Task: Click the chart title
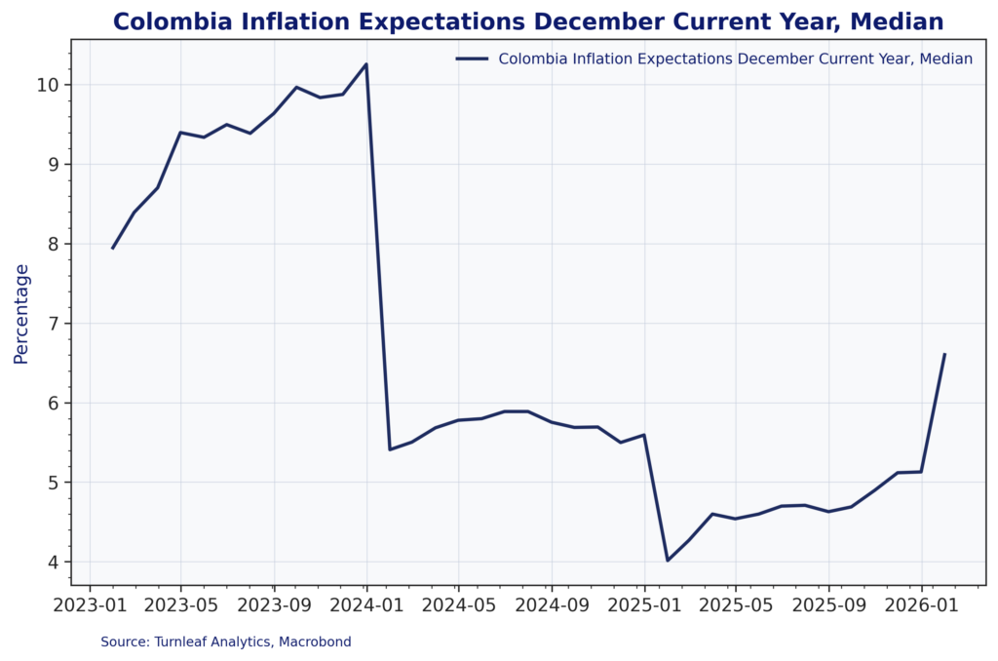527,20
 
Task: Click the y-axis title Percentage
21,313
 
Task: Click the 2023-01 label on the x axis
89,603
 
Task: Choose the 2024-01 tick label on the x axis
366,603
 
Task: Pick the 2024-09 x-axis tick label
552,603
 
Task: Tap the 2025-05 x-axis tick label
736,603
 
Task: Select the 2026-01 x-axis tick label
922,603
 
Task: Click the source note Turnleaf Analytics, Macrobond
226,642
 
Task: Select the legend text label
735,58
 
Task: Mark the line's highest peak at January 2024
365,64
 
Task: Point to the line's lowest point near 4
668,561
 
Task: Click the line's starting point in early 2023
112,249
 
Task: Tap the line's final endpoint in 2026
944,354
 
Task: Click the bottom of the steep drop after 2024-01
390,449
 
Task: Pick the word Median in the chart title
897,20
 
